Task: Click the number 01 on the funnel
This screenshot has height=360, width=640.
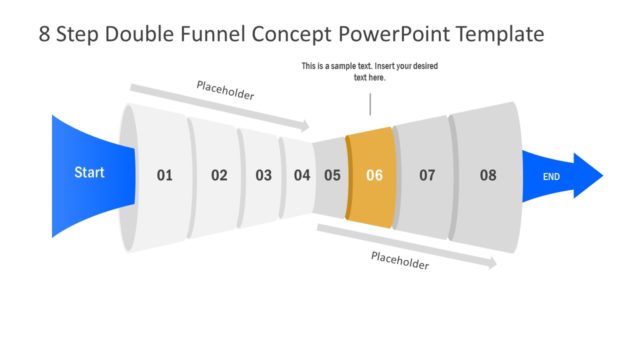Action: [164, 175]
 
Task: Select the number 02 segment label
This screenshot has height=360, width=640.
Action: [219, 175]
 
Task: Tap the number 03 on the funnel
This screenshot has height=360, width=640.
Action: [263, 175]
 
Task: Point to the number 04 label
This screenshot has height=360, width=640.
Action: [302, 175]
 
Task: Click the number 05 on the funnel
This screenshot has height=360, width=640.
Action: [332, 175]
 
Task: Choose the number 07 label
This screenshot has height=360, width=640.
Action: [427, 175]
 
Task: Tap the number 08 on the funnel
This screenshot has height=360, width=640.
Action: [487, 175]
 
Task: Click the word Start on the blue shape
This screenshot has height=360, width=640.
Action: [89, 173]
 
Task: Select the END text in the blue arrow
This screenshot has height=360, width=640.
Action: [550, 177]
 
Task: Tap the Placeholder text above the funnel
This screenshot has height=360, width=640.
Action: [225, 95]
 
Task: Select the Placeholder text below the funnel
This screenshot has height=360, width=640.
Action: [400, 262]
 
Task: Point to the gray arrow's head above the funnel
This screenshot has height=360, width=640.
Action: [305, 126]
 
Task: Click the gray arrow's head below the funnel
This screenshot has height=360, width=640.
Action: [491, 264]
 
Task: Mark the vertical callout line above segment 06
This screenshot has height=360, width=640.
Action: [370, 103]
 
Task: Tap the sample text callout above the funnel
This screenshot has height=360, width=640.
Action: [369, 72]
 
